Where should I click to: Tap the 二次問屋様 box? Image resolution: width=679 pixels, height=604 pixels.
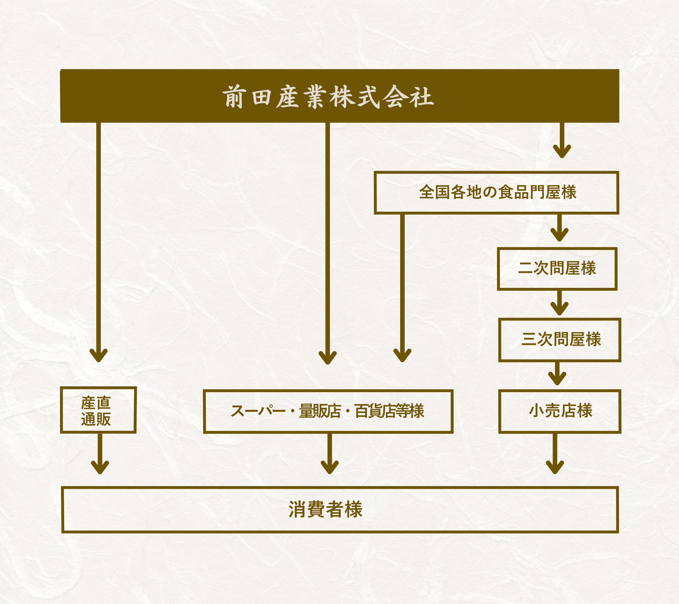click(x=557, y=269)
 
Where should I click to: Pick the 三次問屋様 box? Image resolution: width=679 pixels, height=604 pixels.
click(x=560, y=340)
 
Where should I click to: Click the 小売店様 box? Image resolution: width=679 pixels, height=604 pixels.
click(x=560, y=411)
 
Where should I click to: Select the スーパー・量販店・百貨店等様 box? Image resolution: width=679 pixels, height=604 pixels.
click(x=328, y=411)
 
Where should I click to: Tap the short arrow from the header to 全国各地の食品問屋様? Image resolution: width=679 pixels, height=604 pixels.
click(x=562, y=141)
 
